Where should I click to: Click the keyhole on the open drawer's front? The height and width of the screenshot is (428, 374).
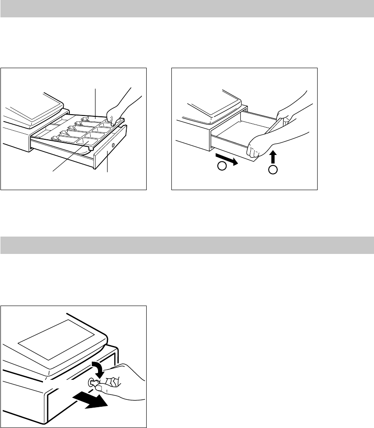(113, 144)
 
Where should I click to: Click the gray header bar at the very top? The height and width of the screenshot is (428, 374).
(187, 9)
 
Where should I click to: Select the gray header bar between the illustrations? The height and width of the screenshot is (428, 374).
(187, 245)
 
